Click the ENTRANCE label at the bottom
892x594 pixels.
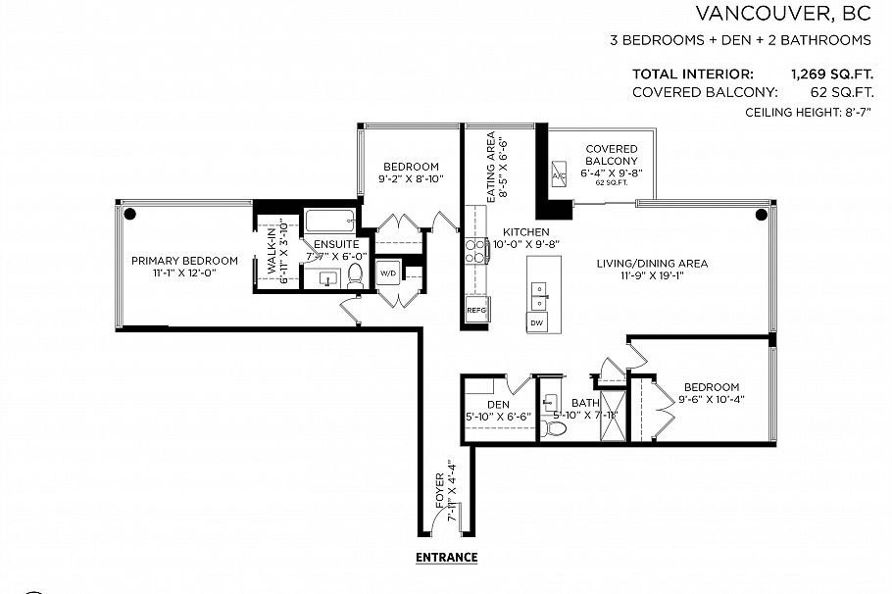[x=446, y=558]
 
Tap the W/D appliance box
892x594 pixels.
[x=387, y=272]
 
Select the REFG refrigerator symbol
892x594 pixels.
[x=476, y=310]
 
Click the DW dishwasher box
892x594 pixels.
[x=536, y=322]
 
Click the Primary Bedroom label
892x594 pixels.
[x=185, y=261]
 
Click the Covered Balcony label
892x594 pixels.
[x=612, y=155]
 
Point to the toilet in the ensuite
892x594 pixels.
[x=355, y=277]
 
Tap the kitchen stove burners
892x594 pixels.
[x=475, y=251]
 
